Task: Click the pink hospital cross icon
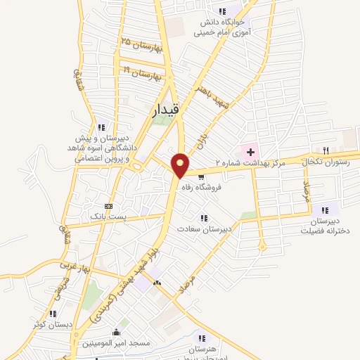click(x=250, y=152)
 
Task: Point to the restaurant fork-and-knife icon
click(x=325, y=150)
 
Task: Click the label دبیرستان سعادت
click(x=203, y=229)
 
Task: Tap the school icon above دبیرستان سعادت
click(x=204, y=218)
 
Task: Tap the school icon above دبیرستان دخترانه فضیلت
click(x=325, y=209)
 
